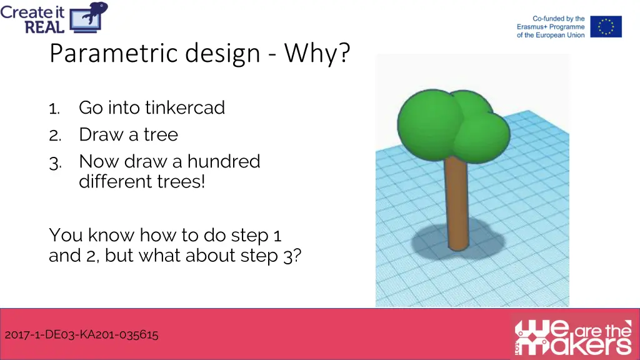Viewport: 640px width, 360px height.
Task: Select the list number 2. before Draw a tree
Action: [55, 136]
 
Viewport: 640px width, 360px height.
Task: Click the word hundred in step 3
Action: [224, 161]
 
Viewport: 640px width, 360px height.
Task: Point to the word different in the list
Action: [111, 182]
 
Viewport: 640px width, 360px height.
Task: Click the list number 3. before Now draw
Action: [55, 162]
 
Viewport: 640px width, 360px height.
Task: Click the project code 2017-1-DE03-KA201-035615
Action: [81, 334]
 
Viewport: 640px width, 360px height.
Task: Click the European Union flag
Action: [606, 27]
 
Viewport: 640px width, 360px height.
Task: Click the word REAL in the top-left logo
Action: [45, 26]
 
